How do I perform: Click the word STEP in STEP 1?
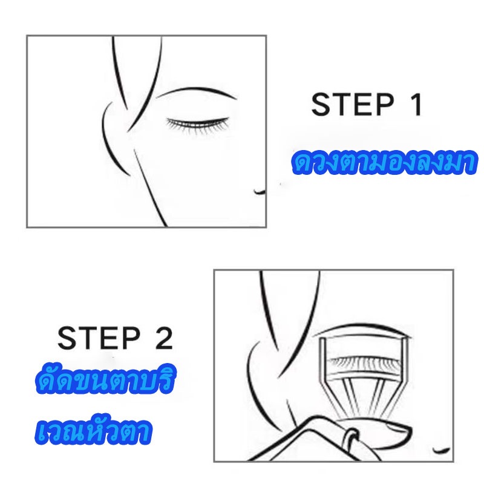353,104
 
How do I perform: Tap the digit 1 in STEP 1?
416,104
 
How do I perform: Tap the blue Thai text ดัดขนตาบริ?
105,379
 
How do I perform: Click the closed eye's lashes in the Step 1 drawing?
198,125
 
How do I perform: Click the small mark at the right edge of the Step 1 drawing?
260,192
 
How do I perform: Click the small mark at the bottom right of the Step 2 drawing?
442,450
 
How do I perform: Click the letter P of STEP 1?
384,104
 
